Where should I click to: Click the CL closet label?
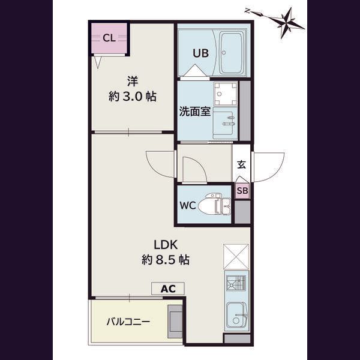pyautogui.click(x=109, y=38)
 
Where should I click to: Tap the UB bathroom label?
pyautogui.click(x=200, y=53)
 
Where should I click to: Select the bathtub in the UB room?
pyautogui.click(x=231, y=53)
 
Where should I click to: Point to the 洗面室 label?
pyautogui.click(x=194, y=112)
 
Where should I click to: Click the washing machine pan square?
pyautogui.click(x=226, y=94)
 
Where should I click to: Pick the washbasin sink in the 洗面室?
pyautogui.click(x=225, y=123)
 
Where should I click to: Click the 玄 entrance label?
pyautogui.click(x=242, y=164)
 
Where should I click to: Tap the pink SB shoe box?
pyautogui.click(x=242, y=191)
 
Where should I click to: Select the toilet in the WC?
pyautogui.click(x=214, y=204)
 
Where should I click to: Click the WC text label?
pyautogui.click(x=188, y=205)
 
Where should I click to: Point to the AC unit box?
pyautogui.click(x=168, y=289)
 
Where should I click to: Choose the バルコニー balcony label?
pyautogui.click(x=128, y=322)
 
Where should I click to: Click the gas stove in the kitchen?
pyautogui.click(x=236, y=283)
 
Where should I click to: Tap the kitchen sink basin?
pyautogui.click(x=236, y=315)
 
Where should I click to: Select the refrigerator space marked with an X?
pyautogui.click(x=236, y=256)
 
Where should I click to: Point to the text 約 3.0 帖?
pyautogui.click(x=133, y=97)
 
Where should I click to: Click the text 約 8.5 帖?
pyautogui.click(x=166, y=260)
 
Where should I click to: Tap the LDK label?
pyautogui.click(x=166, y=245)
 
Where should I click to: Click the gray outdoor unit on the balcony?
pyautogui.click(x=175, y=321)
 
